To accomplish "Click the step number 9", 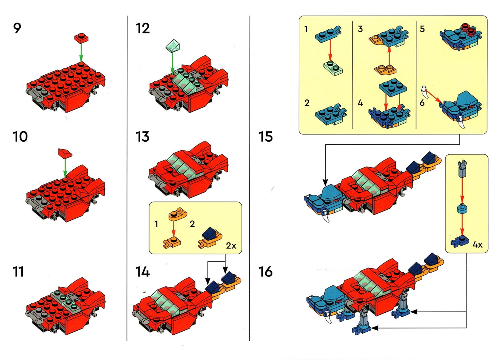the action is pyautogui.click(x=17, y=28).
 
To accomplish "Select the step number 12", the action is pyautogui.click(x=143, y=28).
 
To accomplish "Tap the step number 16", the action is pyautogui.click(x=266, y=272).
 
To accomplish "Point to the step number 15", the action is pyautogui.click(x=266, y=137).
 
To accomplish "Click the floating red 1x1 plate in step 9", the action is pyautogui.click(x=81, y=38).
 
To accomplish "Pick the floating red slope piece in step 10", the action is pyautogui.click(x=65, y=153).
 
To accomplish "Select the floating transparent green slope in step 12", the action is pyautogui.click(x=173, y=45).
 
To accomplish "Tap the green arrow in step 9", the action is pyautogui.click(x=81, y=53).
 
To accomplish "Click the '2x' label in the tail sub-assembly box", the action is pyautogui.click(x=231, y=246).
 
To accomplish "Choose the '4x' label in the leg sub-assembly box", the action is pyautogui.click(x=477, y=245).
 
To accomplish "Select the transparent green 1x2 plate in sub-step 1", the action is pyautogui.click(x=333, y=67).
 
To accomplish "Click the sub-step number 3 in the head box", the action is pyautogui.click(x=360, y=29).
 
